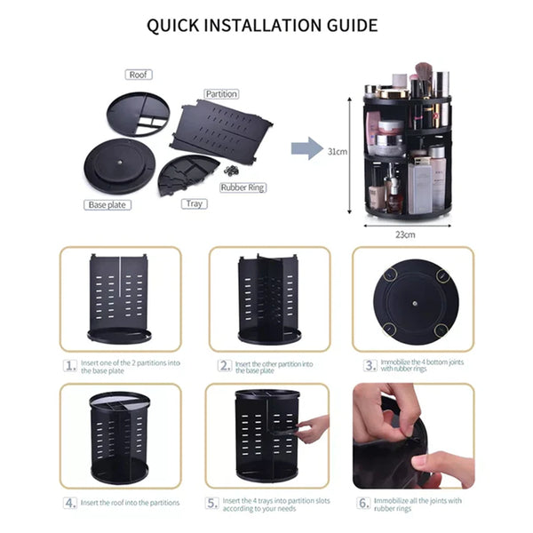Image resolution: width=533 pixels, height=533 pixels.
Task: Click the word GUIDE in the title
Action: coord(352,25)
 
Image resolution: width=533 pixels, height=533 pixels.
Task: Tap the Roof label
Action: coord(139,75)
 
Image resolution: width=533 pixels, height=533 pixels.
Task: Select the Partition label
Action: coord(221,94)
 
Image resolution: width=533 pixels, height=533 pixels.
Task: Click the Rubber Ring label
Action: coord(243,187)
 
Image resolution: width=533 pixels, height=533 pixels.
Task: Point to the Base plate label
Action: coord(107,205)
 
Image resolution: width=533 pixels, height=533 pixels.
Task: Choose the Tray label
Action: coord(194,204)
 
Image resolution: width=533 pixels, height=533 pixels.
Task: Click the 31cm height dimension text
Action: coord(338,152)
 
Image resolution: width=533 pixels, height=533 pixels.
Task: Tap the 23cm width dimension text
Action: coord(405,235)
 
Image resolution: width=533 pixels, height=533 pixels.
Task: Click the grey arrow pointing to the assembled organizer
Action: coord(307,148)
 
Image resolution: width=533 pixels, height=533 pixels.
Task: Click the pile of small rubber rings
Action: coord(231,170)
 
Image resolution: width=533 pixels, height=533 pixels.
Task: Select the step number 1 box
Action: coord(70,366)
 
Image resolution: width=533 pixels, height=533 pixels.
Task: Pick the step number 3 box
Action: coord(370,365)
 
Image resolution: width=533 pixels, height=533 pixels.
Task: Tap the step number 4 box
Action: coord(70,503)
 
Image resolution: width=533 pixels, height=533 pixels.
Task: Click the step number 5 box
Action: coord(212,503)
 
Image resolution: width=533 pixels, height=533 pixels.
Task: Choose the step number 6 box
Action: coord(363,503)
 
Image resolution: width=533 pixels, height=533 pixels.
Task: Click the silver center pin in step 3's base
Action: coord(415,303)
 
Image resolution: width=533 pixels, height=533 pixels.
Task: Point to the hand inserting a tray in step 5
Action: coord(313,429)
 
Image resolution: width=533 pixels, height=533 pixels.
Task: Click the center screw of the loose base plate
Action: coord(120,163)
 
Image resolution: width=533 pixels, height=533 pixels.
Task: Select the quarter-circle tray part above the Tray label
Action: coord(187,174)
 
